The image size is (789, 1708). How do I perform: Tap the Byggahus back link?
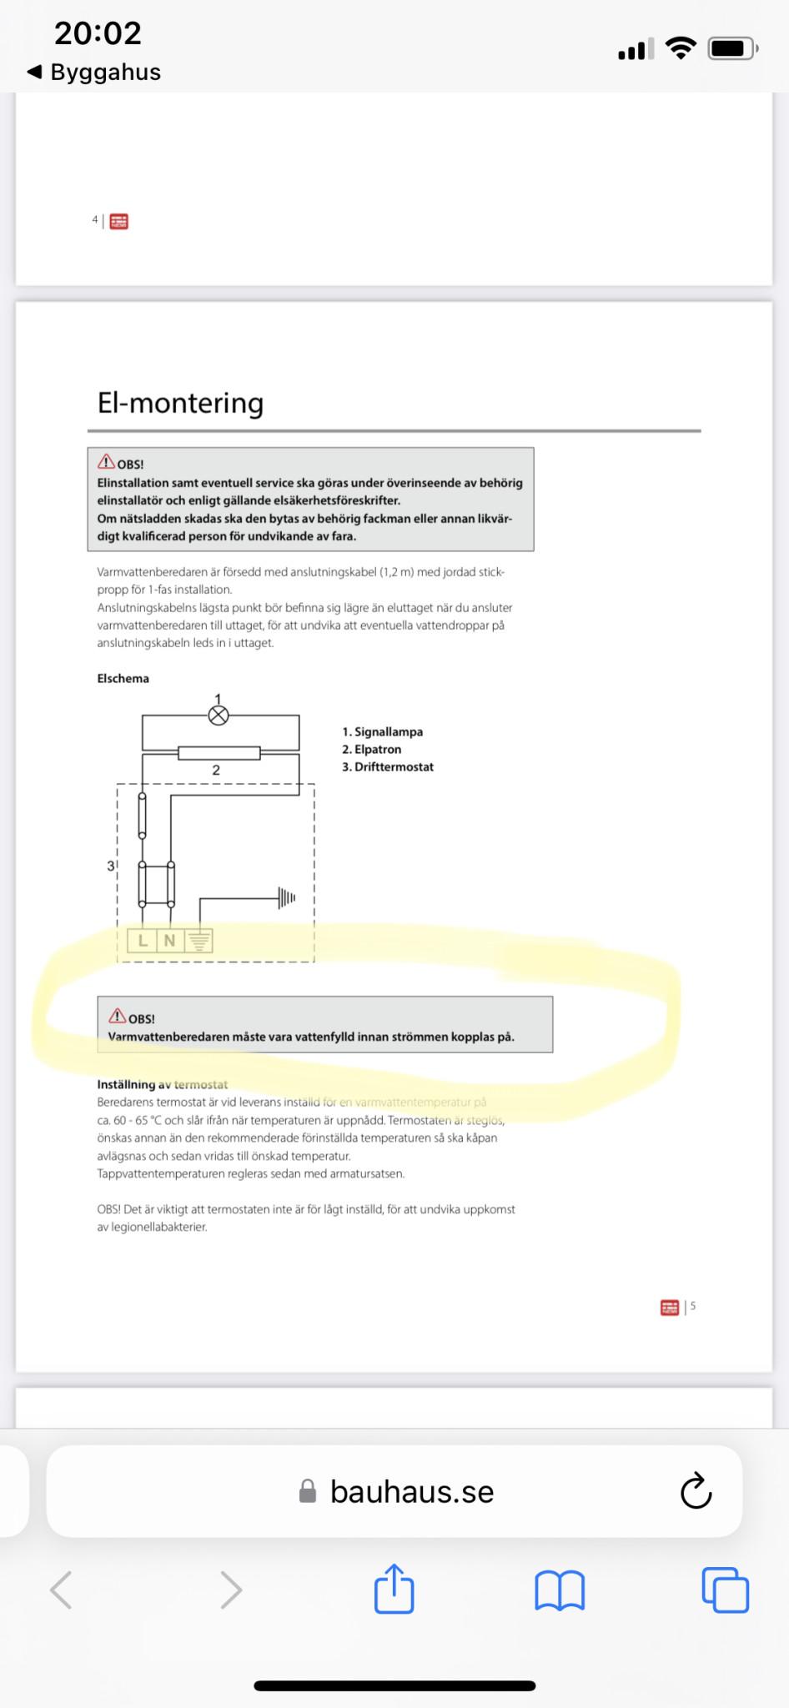93,72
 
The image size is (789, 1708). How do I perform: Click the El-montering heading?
180,403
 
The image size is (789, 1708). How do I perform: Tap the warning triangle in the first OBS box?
106,462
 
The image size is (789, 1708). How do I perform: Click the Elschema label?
123,678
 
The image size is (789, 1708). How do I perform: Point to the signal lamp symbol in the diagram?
219,715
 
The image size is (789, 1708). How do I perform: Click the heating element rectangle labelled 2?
219,753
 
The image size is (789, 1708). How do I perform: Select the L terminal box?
143,941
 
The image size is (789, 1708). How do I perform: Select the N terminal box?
170,941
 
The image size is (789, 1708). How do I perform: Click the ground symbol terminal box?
199,941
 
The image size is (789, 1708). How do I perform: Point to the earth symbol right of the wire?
287,897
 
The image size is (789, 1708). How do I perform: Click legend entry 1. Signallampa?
382,731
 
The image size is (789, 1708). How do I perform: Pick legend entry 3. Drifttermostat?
388,766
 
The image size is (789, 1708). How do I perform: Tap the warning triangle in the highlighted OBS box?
118,1016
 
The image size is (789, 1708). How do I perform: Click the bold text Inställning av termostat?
163,1084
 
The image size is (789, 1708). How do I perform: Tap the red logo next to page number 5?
670,1307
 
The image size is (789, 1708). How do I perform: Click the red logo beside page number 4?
119,221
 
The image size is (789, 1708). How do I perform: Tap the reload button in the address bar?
696,1491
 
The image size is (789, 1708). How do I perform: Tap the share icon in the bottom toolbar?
394,1589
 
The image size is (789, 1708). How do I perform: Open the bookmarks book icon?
560,1590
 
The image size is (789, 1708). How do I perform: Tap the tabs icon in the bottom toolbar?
725,1590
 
